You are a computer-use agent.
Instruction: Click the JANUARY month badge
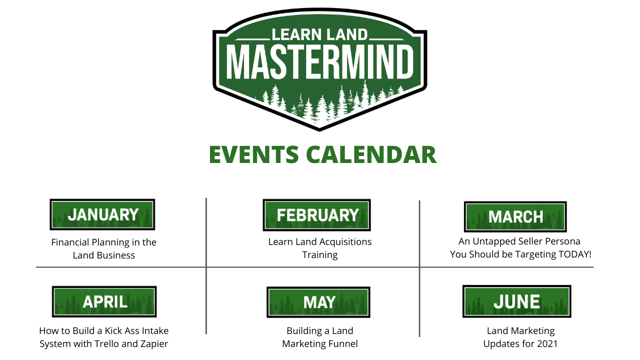102,214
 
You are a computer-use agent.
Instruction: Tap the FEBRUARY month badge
316,215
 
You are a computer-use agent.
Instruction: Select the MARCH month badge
515,216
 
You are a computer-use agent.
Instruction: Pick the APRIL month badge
104,301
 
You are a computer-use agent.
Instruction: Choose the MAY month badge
318,302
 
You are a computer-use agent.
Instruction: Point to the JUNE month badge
516,301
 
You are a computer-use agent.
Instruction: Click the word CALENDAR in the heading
371,154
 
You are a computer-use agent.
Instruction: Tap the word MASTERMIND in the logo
320,61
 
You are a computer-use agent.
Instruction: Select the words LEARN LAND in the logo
320,34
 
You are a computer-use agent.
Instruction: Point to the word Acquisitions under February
344,242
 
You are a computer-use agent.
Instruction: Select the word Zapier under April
153,344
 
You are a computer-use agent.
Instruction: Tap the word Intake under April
155,331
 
